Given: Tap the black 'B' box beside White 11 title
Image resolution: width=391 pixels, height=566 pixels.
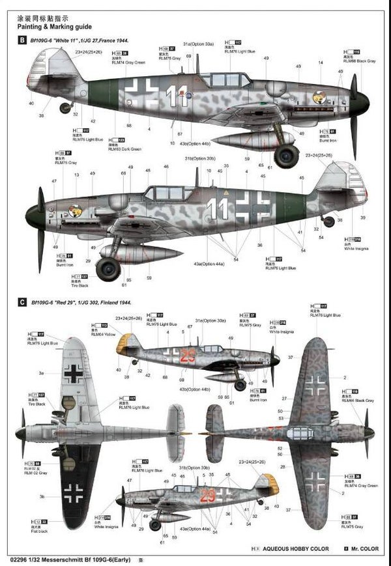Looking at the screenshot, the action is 23,41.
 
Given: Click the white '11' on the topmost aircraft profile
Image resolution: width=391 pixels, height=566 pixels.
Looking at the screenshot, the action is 175,96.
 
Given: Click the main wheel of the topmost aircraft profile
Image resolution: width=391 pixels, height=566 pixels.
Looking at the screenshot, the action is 286,156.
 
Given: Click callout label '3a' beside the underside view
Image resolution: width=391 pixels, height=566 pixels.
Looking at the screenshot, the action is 40,373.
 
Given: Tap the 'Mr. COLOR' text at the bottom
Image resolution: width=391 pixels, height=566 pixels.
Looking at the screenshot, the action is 366,548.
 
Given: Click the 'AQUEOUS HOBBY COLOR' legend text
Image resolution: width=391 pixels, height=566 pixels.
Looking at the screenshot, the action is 293,548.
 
